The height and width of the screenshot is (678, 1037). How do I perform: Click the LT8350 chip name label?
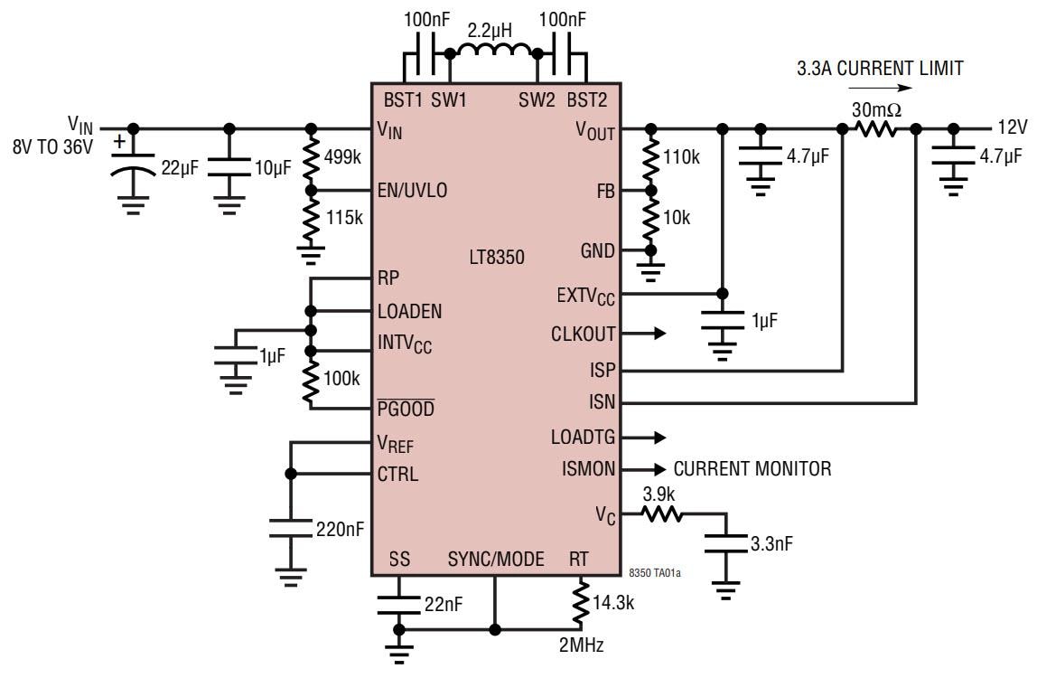[497, 258]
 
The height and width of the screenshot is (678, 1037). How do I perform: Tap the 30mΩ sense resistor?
[876, 129]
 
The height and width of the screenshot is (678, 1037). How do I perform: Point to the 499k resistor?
[312, 158]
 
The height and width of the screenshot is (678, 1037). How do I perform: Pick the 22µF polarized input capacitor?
[133, 167]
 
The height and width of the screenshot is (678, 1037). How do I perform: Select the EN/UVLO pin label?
[412, 191]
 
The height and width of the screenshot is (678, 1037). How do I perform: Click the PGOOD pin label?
[406, 409]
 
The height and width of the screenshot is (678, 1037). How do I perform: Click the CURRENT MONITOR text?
[752, 469]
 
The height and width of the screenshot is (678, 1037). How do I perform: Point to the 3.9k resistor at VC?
[663, 514]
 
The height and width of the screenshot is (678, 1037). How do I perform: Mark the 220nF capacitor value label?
[341, 529]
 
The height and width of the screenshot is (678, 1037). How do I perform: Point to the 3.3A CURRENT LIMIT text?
[880, 68]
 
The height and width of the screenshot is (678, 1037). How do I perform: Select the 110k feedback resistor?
[649, 158]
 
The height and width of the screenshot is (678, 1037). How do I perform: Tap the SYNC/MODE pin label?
[495, 560]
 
